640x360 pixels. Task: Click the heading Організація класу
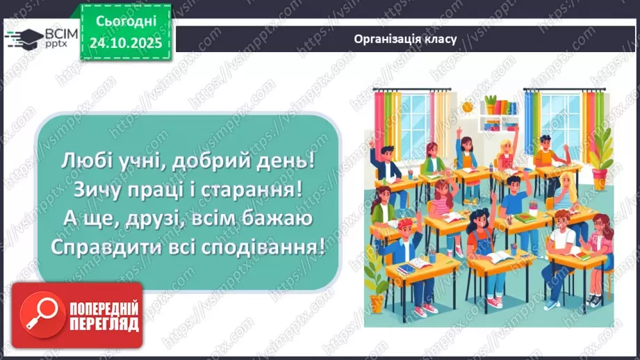pos(405,39)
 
